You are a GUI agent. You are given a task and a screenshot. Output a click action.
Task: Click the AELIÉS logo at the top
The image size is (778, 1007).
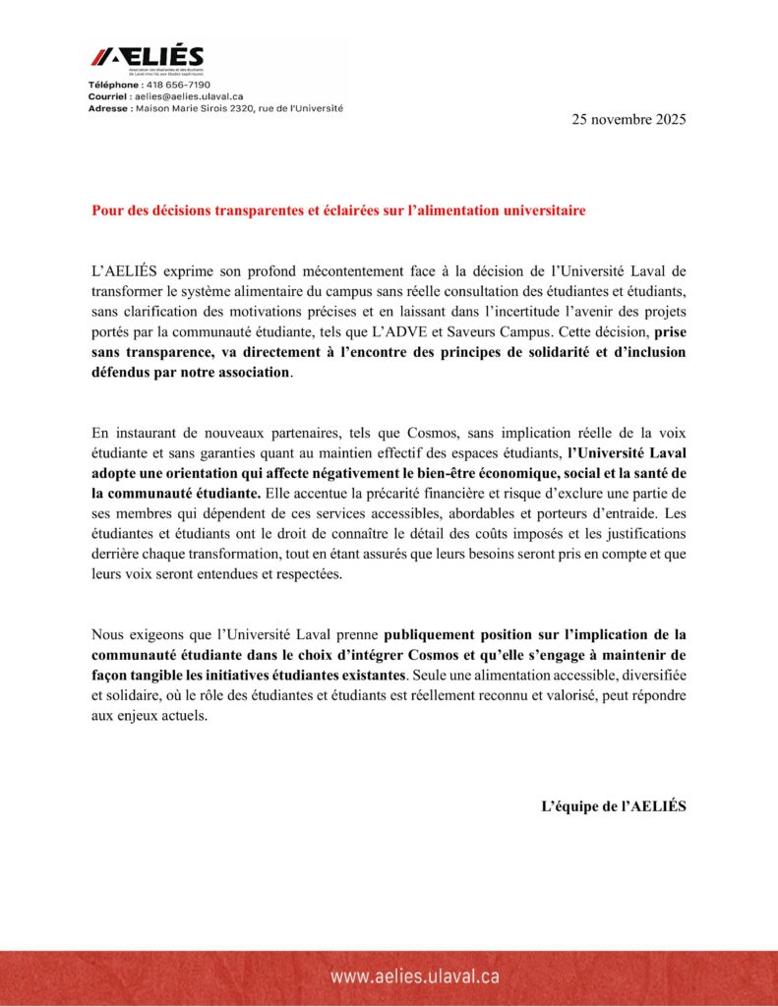pos(148,57)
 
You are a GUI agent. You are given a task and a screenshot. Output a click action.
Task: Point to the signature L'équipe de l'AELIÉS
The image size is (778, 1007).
pos(614,805)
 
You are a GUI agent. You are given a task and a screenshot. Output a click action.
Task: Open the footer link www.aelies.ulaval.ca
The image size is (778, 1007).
pos(415,977)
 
